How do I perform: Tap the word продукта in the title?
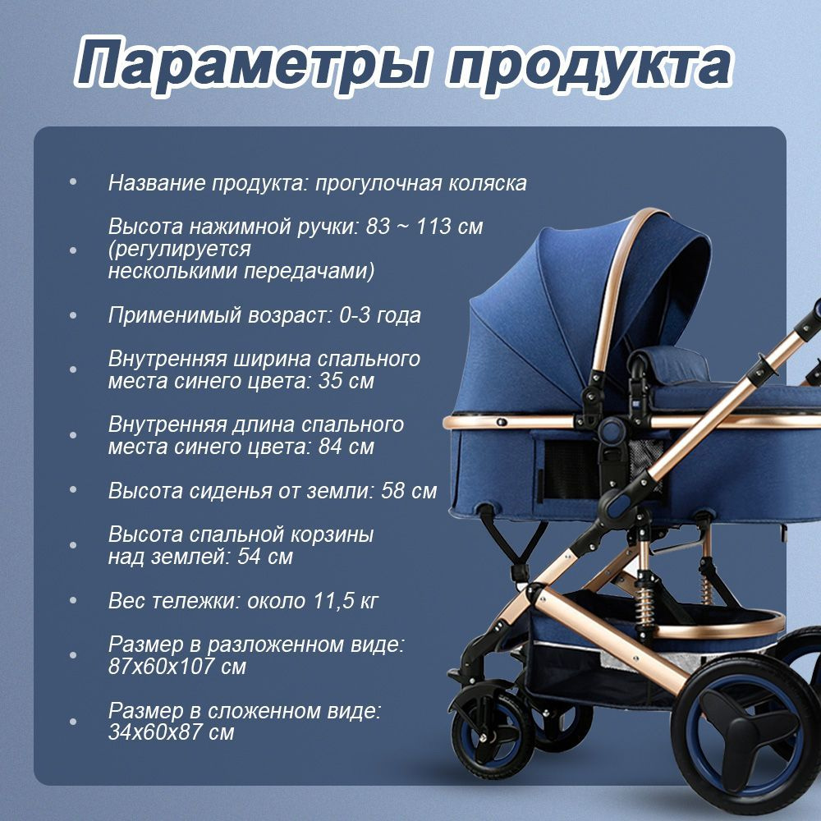coord(589,66)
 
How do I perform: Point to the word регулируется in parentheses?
coord(180,250)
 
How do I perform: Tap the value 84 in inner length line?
coord(332,447)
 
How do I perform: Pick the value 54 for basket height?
coord(250,557)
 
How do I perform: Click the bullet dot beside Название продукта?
coord(73,182)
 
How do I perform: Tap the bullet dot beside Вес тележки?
coord(73,600)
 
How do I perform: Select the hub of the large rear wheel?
coord(750,732)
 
